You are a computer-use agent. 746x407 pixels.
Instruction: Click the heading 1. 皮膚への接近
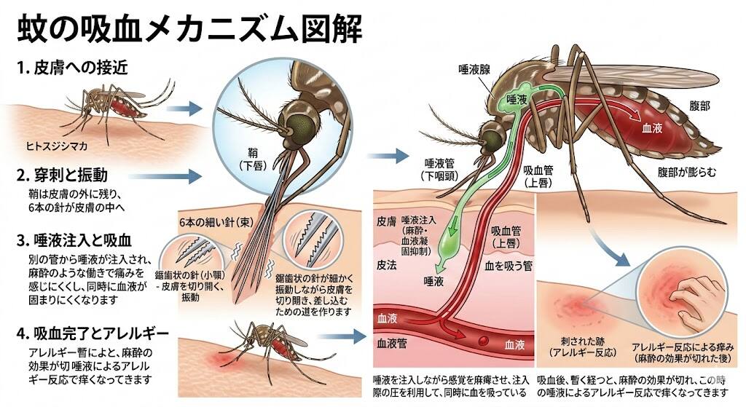click(72, 68)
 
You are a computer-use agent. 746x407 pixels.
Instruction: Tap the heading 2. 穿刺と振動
click(62, 175)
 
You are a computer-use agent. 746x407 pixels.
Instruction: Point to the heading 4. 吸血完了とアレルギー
click(93, 333)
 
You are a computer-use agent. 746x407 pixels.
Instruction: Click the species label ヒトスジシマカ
click(57, 146)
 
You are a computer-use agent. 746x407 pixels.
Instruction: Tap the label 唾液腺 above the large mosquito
click(474, 70)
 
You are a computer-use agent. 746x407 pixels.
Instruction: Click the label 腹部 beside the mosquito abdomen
click(699, 106)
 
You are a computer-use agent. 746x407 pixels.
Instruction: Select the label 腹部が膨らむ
click(686, 172)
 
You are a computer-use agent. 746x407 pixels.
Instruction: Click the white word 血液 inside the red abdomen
click(652, 127)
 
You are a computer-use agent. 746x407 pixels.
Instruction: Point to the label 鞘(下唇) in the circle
click(253, 159)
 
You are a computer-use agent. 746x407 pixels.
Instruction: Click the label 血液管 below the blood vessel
click(391, 343)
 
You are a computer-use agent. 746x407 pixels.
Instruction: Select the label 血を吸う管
click(508, 266)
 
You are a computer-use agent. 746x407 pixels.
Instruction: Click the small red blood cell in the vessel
click(484, 341)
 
